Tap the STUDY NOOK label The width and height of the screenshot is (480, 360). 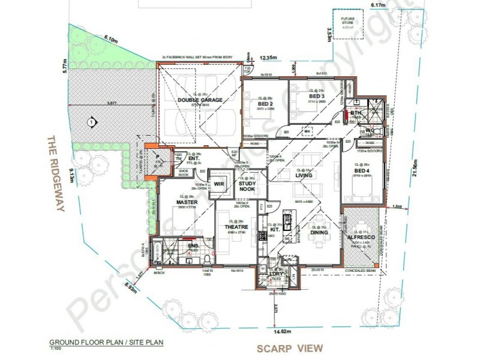pyautogui.click(x=247, y=186)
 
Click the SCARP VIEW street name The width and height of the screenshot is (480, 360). pyautogui.click(x=290, y=348)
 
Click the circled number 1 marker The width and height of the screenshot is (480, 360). pyautogui.click(x=90, y=122)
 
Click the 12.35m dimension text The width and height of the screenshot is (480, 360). pyautogui.click(x=269, y=58)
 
